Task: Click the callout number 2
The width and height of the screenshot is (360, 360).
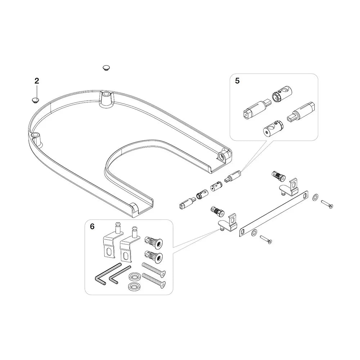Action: click(x=37, y=81)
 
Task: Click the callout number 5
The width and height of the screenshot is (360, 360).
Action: click(x=237, y=81)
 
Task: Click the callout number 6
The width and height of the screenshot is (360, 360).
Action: click(x=92, y=226)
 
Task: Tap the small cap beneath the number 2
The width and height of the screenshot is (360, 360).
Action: click(x=35, y=100)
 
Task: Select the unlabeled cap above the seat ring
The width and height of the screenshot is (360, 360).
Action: click(x=106, y=68)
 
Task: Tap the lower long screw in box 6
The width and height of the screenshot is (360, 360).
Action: click(x=154, y=281)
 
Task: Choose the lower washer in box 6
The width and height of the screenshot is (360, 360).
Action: click(x=133, y=286)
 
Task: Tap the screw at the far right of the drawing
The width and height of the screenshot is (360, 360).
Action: click(x=327, y=204)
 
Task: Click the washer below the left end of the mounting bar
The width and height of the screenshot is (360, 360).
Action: click(x=254, y=233)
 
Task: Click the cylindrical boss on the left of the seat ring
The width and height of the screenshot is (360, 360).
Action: click(x=36, y=138)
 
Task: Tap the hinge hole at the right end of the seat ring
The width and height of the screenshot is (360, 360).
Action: click(x=221, y=157)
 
